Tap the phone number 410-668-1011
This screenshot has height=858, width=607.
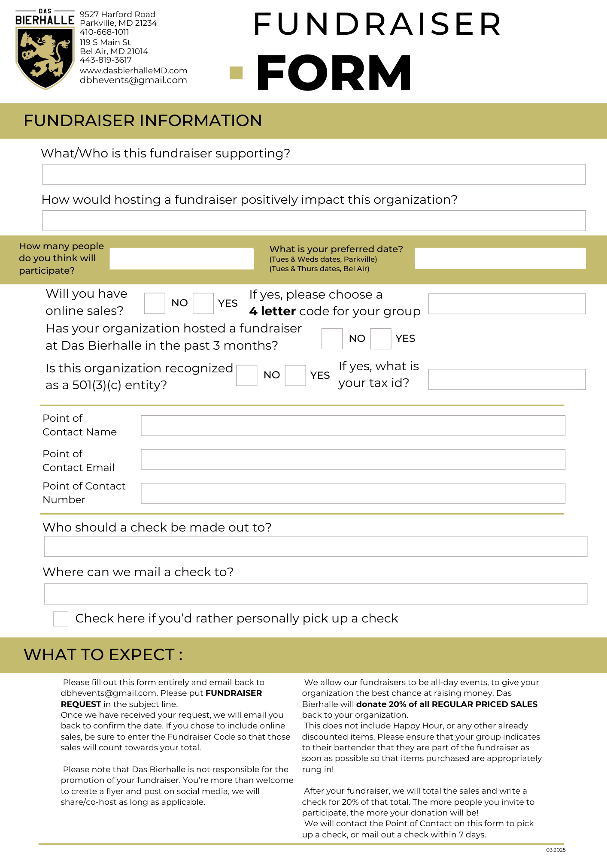tap(104, 32)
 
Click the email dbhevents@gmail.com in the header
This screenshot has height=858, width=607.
tap(133, 80)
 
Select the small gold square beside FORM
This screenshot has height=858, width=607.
tap(236, 73)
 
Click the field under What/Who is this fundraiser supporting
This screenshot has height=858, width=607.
tap(314, 175)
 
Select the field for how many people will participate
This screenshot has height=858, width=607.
tap(182, 259)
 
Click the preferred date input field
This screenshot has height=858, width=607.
tap(500, 258)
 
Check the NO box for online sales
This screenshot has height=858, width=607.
tap(155, 303)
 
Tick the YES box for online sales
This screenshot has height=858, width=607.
tap(203, 303)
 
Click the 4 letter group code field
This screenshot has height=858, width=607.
tap(507, 304)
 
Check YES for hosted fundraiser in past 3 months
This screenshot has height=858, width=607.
tap(381, 338)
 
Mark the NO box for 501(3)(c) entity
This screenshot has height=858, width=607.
tap(247, 375)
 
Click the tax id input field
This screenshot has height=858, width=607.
tap(507, 379)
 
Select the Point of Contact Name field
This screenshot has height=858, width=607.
tap(353, 426)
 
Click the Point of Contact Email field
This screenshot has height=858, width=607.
tap(353, 459)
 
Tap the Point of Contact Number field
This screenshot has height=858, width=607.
tap(353, 493)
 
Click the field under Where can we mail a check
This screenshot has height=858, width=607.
tap(316, 594)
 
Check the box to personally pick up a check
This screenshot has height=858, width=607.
tap(61, 619)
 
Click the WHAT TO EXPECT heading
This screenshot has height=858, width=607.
tap(103, 655)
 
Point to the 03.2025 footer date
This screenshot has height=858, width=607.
tap(556, 850)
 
